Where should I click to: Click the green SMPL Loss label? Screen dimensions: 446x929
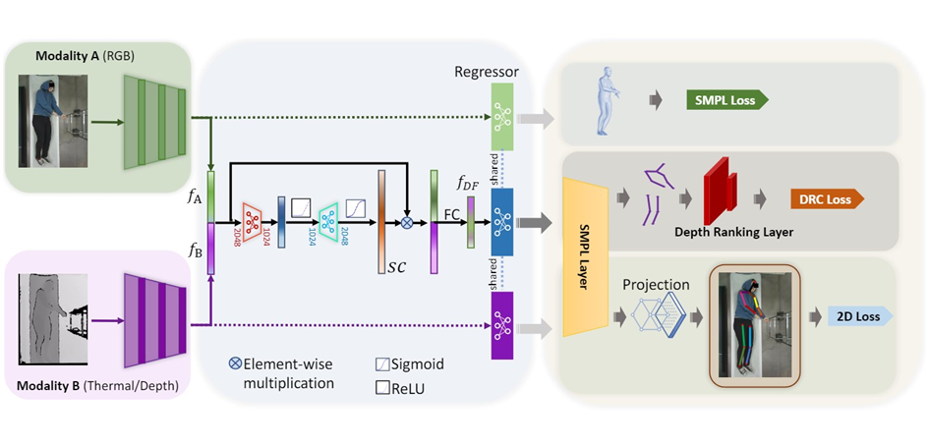pyautogui.click(x=726, y=99)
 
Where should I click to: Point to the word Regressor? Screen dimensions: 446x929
pyautogui.click(x=487, y=72)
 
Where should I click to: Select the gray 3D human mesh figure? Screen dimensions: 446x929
pyautogui.click(x=608, y=99)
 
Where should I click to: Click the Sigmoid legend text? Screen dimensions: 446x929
pyautogui.click(x=418, y=363)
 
